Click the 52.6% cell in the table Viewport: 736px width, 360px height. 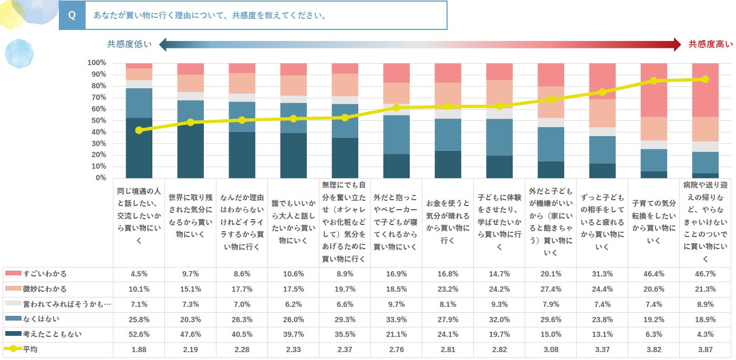coord(139,334)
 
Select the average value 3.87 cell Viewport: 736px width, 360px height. coord(705,349)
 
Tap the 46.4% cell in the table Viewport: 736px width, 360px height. coord(654,274)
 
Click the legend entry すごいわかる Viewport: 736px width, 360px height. coord(45,274)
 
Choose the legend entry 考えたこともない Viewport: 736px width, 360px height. coord(52,334)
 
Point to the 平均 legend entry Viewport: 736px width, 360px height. coord(30,349)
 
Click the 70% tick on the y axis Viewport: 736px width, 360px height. coord(98,98)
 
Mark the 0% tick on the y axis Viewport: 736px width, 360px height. coord(100,178)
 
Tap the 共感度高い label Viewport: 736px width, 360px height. coord(710,45)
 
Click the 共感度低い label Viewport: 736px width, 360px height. coord(129,45)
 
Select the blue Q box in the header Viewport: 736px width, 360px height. coord(72,15)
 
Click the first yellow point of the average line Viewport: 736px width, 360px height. coord(139,130)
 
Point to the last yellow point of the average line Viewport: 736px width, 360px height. coord(705,79)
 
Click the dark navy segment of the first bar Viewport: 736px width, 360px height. coord(139,148)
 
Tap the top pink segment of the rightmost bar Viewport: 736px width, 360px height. coord(705,90)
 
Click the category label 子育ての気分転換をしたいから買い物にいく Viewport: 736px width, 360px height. coord(654,222)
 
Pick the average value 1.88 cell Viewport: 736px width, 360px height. coord(139,349)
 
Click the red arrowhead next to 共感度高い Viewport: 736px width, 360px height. coord(677,45)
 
